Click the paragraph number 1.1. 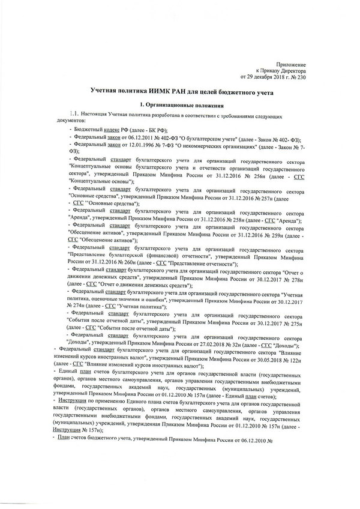point(74,114)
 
